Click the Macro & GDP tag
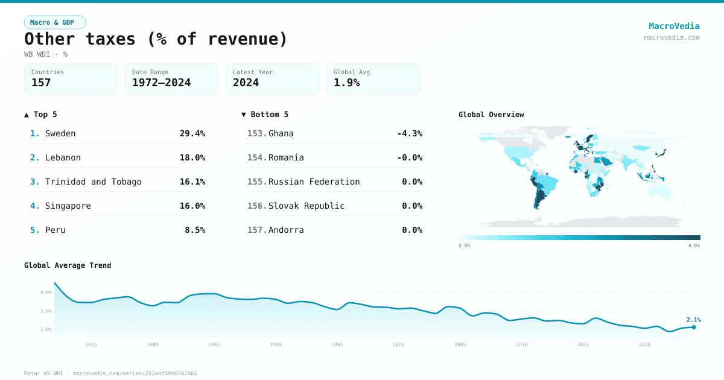click(x=55, y=22)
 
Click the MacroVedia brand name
click(x=674, y=26)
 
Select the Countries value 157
click(x=41, y=83)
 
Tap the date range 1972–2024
click(x=161, y=83)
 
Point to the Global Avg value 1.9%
click(x=347, y=83)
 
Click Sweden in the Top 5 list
click(x=60, y=133)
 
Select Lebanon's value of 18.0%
click(x=192, y=157)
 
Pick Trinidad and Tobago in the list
click(x=94, y=182)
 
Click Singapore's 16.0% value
click(x=192, y=206)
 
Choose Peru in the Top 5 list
click(x=56, y=230)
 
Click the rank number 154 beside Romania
click(x=257, y=157)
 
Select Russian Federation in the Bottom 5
click(x=314, y=182)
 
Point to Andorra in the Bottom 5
click(x=286, y=230)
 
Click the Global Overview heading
click(x=491, y=115)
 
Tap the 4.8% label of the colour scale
click(x=694, y=245)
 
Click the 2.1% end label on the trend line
click(x=693, y=320)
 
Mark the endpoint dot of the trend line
click(x=694, y=327)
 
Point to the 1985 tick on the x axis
click(x=214, y=344)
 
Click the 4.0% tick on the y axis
click(x=46, y=292)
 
